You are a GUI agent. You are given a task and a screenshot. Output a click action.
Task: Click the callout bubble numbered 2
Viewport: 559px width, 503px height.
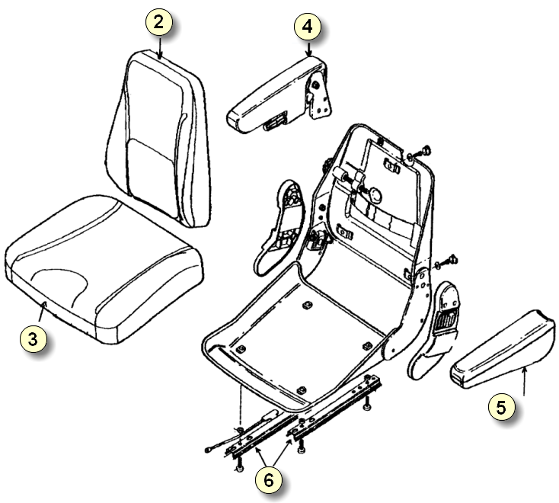[x=158, y=22]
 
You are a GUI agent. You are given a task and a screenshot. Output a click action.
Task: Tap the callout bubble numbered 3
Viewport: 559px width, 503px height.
[x=33, y=338]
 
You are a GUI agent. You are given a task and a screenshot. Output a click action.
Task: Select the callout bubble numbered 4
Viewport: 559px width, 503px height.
[x=308, y=27]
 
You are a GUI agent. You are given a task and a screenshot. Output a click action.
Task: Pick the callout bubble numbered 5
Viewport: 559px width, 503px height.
[x=501, y=407]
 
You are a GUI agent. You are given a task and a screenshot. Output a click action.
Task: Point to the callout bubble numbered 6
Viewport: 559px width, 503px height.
[x=268, y=480]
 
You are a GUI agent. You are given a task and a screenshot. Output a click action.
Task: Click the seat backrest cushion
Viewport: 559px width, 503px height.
[x=157, y=139]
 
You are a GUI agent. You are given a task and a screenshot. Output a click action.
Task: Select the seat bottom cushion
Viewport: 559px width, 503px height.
[x=104, y=268]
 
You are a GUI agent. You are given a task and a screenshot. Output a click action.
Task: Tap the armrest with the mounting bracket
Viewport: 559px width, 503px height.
[x=280, y=95]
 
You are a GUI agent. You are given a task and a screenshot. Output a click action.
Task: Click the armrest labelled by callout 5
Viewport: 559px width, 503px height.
[x=503, y=349]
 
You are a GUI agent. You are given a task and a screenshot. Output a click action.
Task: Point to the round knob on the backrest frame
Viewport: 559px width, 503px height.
[x=375, y=195]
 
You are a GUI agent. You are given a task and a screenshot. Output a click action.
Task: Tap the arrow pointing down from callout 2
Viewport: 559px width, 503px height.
[x=160, y=47]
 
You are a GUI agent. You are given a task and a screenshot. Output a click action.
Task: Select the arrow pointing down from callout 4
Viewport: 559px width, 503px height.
[x=308, y=49]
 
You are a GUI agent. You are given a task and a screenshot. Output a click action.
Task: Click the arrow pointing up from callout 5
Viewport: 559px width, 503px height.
[x=524, y=382]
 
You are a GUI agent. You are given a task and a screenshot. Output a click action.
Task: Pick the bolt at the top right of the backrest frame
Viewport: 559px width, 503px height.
[x=424, y=150]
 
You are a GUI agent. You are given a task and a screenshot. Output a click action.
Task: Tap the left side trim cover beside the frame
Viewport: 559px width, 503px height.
[x=279, y=228]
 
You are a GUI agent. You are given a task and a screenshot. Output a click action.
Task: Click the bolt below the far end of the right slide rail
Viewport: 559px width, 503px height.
[x=366, y=407]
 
